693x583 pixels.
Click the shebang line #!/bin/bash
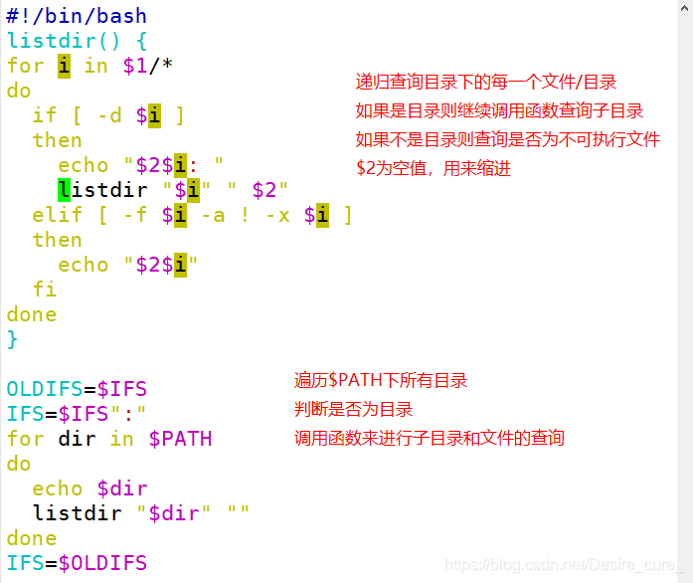77,16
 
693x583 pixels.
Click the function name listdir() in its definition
64,41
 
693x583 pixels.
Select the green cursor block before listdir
64,190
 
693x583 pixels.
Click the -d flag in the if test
108,115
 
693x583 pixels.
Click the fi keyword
45,290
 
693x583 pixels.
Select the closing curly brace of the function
13,339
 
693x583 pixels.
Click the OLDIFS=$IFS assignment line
77,389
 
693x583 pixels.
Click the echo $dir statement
89,488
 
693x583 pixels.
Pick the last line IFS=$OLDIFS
77,563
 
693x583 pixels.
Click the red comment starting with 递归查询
486,83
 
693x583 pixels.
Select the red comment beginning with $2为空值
433,169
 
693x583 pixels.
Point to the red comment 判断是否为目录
353,409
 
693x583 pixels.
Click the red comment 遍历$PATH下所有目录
381,380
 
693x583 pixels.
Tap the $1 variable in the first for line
134,66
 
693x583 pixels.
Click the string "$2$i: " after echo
173,165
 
